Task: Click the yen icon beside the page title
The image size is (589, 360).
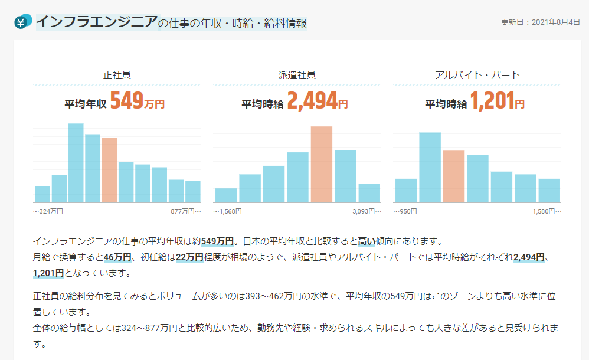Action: [21, 22]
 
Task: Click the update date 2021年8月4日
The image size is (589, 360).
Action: [540, 22]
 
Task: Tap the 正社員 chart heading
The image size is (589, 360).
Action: [116, 75]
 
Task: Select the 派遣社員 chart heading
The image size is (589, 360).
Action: [296, 75]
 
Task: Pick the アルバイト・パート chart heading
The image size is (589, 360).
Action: [476, 75]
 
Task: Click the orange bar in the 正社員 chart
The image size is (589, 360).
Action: [109, 170]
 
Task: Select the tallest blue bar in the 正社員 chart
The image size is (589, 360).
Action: [76, 163]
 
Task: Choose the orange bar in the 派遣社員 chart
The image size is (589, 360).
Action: [322, 164]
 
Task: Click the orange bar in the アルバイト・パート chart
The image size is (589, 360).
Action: [454, 176]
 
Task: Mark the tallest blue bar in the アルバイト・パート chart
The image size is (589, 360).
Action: [430, 168]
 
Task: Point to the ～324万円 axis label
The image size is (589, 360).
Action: [48, 211]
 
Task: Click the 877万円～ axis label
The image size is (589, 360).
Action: [185, 211]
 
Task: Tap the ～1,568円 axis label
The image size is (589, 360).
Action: [227, 211]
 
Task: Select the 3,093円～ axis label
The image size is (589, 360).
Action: [366, 211]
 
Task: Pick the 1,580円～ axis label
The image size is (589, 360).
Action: [546, 211]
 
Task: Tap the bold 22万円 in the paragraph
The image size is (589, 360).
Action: [189, 257]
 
